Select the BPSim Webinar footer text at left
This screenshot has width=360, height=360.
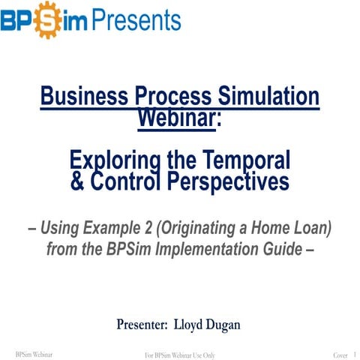pos(33,353)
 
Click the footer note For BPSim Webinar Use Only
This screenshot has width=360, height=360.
pos(179,354)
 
